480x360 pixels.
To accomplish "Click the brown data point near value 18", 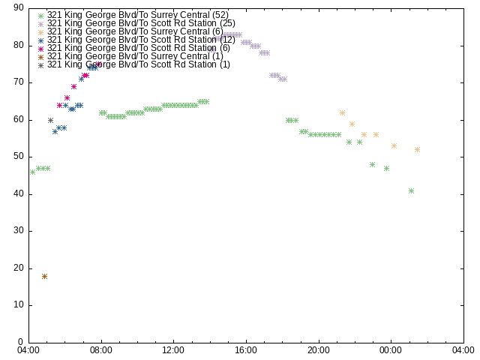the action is pyautogui.click(x=44, y=277).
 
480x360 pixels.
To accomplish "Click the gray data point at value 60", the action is pyautogui.click(x=50, y=120).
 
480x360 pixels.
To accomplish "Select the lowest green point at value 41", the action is pyautogui.click(x=411, y=191).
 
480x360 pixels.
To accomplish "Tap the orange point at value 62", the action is pyautogui.click(x=342, y=113).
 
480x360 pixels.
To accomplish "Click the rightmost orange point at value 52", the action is pyautogui.click(x=417, y=150).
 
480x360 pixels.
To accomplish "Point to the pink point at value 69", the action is pyautogui.click(x=73, y=87).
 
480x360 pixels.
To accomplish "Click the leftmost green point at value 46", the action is pyautogui.click(x=32, y=172).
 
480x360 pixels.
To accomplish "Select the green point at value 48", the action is pyautogui.click(x=372, y=165).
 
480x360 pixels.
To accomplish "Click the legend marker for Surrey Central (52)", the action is pyautogui.click(x=40, y=16).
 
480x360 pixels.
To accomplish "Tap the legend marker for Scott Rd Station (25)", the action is pyautogui.click(x=40, y=24).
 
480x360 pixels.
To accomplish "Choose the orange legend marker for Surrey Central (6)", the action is pyautogui.click(x=40, y=32).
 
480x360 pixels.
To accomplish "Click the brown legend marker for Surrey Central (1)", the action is pyautogui.click(x=40, y=57).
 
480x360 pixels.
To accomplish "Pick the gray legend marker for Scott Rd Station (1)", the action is pyautogui.click(x=40, y=65).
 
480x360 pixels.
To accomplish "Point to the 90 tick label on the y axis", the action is pyautogui.click(x=19, y=8).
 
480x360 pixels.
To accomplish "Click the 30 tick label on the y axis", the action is pyautogui.click(x=19, y=230).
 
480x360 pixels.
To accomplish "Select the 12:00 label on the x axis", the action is pyautogui.click(x=173, y=350).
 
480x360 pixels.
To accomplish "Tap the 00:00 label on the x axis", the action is pyautogui.click(x=391, y=350).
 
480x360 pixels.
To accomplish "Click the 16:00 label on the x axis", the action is pyautogui.click(x=246, y=350).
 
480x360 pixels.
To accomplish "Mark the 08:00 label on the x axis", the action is pyautogui.click(x=101, y=350).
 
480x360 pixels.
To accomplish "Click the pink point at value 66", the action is pyautogui.click(x=67, y=98).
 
